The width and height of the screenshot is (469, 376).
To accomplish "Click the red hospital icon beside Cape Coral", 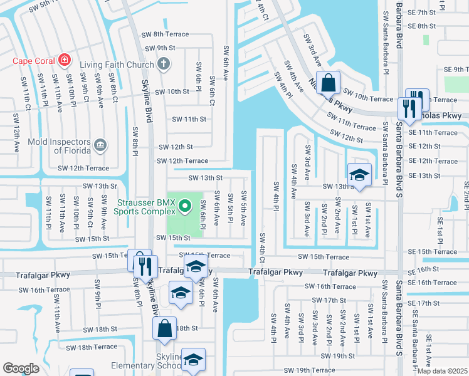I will point(64,61).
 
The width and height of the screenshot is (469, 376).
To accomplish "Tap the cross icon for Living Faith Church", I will point(164,64).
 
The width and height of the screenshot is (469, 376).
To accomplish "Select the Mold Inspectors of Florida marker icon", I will point(100,146).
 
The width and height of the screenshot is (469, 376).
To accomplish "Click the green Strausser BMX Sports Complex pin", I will point(184,205).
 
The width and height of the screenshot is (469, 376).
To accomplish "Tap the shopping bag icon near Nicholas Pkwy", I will point(328,82).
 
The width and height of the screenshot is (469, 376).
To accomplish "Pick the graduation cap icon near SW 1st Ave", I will point(359,175).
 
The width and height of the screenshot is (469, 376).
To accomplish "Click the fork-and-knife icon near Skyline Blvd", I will point(144,266).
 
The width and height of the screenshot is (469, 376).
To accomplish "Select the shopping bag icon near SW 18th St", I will point(164,328).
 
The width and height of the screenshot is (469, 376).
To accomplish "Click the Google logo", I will point(21,368).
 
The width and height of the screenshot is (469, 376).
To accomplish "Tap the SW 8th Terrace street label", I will point(165,34).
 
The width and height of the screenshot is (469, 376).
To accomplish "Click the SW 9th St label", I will point(160,48).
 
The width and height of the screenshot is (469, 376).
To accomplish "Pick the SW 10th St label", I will point(172,91).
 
